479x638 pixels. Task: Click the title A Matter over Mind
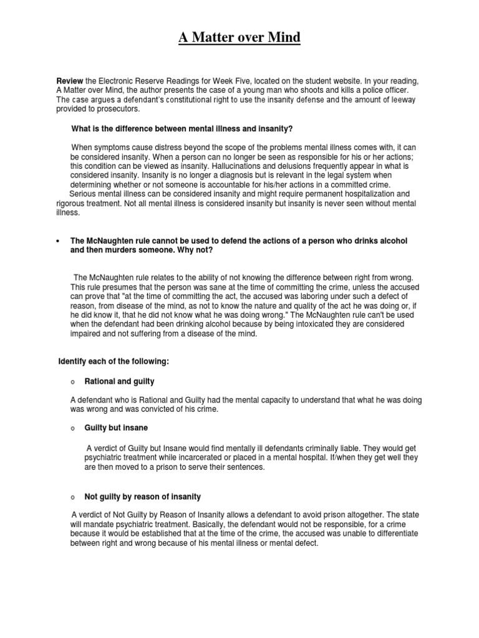pos(239,39)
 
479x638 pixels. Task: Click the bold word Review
pos(70,82)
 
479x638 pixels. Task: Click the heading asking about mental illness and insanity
pos(181,129)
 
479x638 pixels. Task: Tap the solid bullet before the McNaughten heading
pos(57,241)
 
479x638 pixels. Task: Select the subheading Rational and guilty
pos(119,381)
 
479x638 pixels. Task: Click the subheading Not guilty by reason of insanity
pos(143,497)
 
